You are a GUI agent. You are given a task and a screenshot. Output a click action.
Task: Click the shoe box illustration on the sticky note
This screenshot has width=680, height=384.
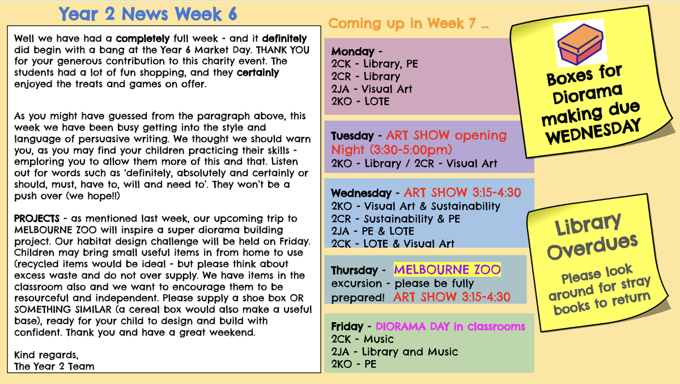pyautogui.click(x=580, y=44)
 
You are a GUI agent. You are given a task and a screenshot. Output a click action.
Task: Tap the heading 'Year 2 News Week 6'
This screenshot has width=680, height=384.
pyautogui.click(x=148, y=14)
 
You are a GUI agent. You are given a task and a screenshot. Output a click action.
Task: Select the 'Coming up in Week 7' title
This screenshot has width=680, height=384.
pyautogui.click(x=409, y=23)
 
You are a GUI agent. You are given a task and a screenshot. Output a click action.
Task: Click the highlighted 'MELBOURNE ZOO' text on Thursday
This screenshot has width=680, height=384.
pyautogui.click(x=447, y=270)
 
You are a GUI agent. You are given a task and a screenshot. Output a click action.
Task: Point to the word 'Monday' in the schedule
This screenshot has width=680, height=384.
pyautogui.click(x=352, y=52)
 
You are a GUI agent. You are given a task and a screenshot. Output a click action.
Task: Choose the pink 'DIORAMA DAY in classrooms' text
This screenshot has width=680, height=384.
pyautogui.click(x=450, y=326)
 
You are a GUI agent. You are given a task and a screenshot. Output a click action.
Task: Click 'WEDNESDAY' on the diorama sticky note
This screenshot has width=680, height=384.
pyautogui.click(x=593, y=131)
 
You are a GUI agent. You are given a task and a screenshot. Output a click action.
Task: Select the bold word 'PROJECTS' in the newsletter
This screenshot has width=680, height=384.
pyautogui.click(x=37, y=219)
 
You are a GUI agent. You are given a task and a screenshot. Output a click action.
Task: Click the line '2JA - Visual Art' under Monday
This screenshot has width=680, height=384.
pyautogui.click(x=372, y=89)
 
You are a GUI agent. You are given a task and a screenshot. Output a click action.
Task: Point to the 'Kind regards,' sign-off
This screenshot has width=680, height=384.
pyautogui.click(x=46, y=355)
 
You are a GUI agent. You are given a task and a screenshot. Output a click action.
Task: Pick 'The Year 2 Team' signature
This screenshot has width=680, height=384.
pyautogui.click(x=54, y=366)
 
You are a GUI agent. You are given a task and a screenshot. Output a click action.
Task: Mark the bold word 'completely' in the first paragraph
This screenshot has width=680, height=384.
pyautogui.click(x=143, y=39)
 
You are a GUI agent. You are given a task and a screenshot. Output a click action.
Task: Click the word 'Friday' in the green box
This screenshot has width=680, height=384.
pyautogui.click(x=347, y=327)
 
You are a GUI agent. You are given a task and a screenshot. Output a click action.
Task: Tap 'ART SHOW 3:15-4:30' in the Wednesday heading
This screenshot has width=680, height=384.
pyautogui.click(x=462, y=193)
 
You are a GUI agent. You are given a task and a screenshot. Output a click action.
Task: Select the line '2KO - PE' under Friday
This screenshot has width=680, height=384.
pyautogui.click(x=354, y=364)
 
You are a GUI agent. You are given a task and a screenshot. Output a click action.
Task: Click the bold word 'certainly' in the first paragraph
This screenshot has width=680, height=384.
pyautogui.click(x=258, y=73)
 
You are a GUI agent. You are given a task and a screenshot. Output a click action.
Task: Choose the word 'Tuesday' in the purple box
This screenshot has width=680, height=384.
pyautogui.click(x=352, y=136)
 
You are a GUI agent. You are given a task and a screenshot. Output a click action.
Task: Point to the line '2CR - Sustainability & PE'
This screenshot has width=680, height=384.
pyautogui.click(x=396, y=219)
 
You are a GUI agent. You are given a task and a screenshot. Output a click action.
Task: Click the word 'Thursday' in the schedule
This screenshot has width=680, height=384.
pyautogui.click(x=354, y=270)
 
